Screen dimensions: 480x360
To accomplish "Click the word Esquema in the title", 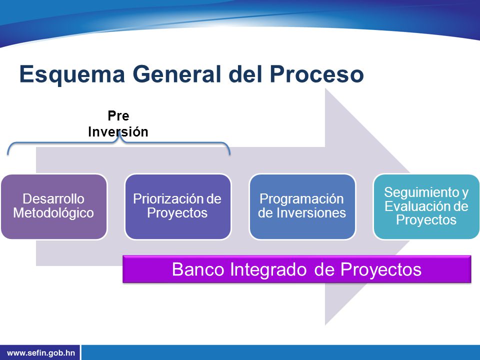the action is click(72, 74).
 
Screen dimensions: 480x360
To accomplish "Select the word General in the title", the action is click(176, 74).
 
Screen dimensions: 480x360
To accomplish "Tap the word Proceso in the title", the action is click(316, 74).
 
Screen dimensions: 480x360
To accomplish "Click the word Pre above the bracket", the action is click(118, 115).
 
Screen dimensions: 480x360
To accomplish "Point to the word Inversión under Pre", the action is click(118, 131).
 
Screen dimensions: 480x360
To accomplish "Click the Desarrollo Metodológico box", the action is click(54, 206).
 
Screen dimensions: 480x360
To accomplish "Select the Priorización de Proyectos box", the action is click(177, 206).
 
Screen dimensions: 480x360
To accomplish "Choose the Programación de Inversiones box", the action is click(302, 206).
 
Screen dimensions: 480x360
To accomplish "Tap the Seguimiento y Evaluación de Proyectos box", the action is click(426, 206).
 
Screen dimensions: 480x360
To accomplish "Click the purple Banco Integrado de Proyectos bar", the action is click(296, 269).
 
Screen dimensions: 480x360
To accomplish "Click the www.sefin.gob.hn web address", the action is click(40, 353).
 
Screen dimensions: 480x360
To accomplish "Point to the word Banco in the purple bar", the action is click(198, 269).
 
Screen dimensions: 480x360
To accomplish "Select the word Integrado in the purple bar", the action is click(268, 270).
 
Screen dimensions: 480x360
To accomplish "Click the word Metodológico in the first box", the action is click(53, 213).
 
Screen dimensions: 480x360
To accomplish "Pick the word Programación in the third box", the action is click(301, 199).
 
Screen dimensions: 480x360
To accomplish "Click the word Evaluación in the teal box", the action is click(415, 206).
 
